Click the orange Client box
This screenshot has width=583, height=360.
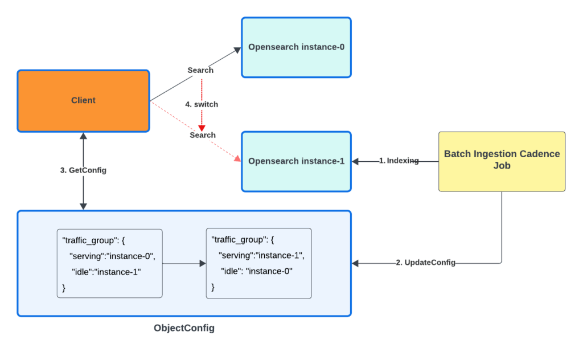[x=83, y=101]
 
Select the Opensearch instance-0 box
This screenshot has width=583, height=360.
[x=296, y=47]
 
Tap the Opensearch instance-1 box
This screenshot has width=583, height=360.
[x=296, y=162]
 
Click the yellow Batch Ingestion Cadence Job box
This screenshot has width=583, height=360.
[x=502, y=161]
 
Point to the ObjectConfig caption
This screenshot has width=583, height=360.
[x=184, y=329]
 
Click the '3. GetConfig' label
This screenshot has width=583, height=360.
[x=83, y=170]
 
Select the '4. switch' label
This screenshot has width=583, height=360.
[x=202, y=105]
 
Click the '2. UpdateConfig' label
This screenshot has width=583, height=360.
[x=425, y=263]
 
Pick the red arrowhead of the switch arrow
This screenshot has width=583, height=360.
[x=202, y=128]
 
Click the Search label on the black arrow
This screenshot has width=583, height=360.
[x=200, y=70]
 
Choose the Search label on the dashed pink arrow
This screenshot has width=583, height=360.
[x=203, y=135]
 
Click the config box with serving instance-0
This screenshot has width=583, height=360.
[x=109, y=263]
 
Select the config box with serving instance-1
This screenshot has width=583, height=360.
[x=258, y=263]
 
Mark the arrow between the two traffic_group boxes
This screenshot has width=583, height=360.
[x=184, y=264]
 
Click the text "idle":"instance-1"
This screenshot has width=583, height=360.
[x=106, y=272]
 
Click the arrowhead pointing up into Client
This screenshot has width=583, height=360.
[x=83, y=136]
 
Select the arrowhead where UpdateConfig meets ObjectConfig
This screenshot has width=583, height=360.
[x=356, y=263]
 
